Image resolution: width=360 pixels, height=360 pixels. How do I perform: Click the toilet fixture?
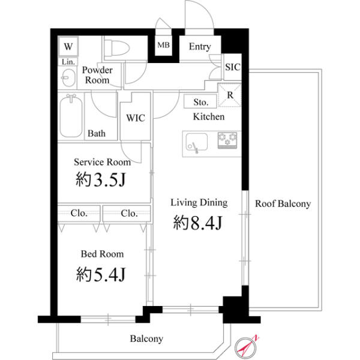pos(117,48)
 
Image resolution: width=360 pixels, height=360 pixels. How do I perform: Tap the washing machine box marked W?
pos(68,46)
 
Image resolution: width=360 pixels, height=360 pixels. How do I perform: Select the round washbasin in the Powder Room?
pos(68,77)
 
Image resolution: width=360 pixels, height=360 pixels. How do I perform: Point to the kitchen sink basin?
pos(197,142)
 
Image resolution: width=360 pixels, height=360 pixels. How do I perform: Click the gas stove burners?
pos(227,140)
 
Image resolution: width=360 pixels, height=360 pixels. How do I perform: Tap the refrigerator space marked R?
pos(230,95)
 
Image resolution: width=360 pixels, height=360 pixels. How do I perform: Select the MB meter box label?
pos(163,45)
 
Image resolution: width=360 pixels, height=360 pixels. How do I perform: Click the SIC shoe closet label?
pos(233,67)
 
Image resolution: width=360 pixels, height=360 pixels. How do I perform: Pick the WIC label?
pos(136,118)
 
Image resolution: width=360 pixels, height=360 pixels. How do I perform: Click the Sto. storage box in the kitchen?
pos(200,101)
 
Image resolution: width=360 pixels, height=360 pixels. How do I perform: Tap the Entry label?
pos(200,47)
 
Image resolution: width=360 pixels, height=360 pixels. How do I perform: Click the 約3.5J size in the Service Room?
pos(101,179)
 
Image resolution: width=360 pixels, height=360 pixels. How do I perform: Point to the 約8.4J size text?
pos(197,223)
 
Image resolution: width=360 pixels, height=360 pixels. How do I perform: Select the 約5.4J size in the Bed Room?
pos(101,274)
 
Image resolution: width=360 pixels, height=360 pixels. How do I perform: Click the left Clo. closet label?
pos(79,213)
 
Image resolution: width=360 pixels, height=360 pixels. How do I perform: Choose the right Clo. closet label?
pos(129,214)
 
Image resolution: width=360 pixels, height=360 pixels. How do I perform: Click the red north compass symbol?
pos(246,347)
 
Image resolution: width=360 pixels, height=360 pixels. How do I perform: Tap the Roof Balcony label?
pos(283,203)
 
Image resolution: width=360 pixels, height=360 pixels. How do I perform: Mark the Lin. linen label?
pos(68,62)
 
